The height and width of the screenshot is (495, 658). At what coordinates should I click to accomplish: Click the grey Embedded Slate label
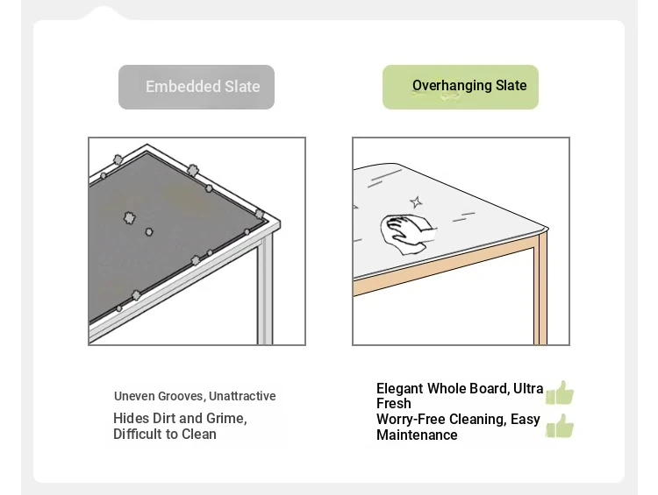(x=197, y=88)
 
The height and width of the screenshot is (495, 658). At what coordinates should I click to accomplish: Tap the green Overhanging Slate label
(x=461, y=88)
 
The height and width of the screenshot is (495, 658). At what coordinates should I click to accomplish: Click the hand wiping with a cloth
(x=408, y=234)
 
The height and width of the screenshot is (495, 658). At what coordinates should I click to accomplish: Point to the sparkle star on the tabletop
(x=416, y=202)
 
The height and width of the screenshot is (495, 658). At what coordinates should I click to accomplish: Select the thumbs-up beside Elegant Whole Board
(x=560, y=392)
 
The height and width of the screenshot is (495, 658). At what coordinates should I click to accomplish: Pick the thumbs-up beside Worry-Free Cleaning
(x=560, y=426)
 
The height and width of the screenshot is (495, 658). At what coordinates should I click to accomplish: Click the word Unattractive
(x=242, y=396)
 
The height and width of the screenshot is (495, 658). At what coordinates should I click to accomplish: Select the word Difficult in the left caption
(x=138, y=434)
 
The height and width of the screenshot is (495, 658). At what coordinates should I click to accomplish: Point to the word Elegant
(x=399, y=389)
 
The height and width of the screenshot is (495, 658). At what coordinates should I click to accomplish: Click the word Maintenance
(x=417, y=435)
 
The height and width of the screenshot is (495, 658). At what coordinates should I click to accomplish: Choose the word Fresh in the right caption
(x=394, y=404)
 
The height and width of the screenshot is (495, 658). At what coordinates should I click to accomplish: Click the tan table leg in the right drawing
(x=540, y=289)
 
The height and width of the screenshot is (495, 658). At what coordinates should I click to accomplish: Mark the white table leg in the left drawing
(x=265, y=290)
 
